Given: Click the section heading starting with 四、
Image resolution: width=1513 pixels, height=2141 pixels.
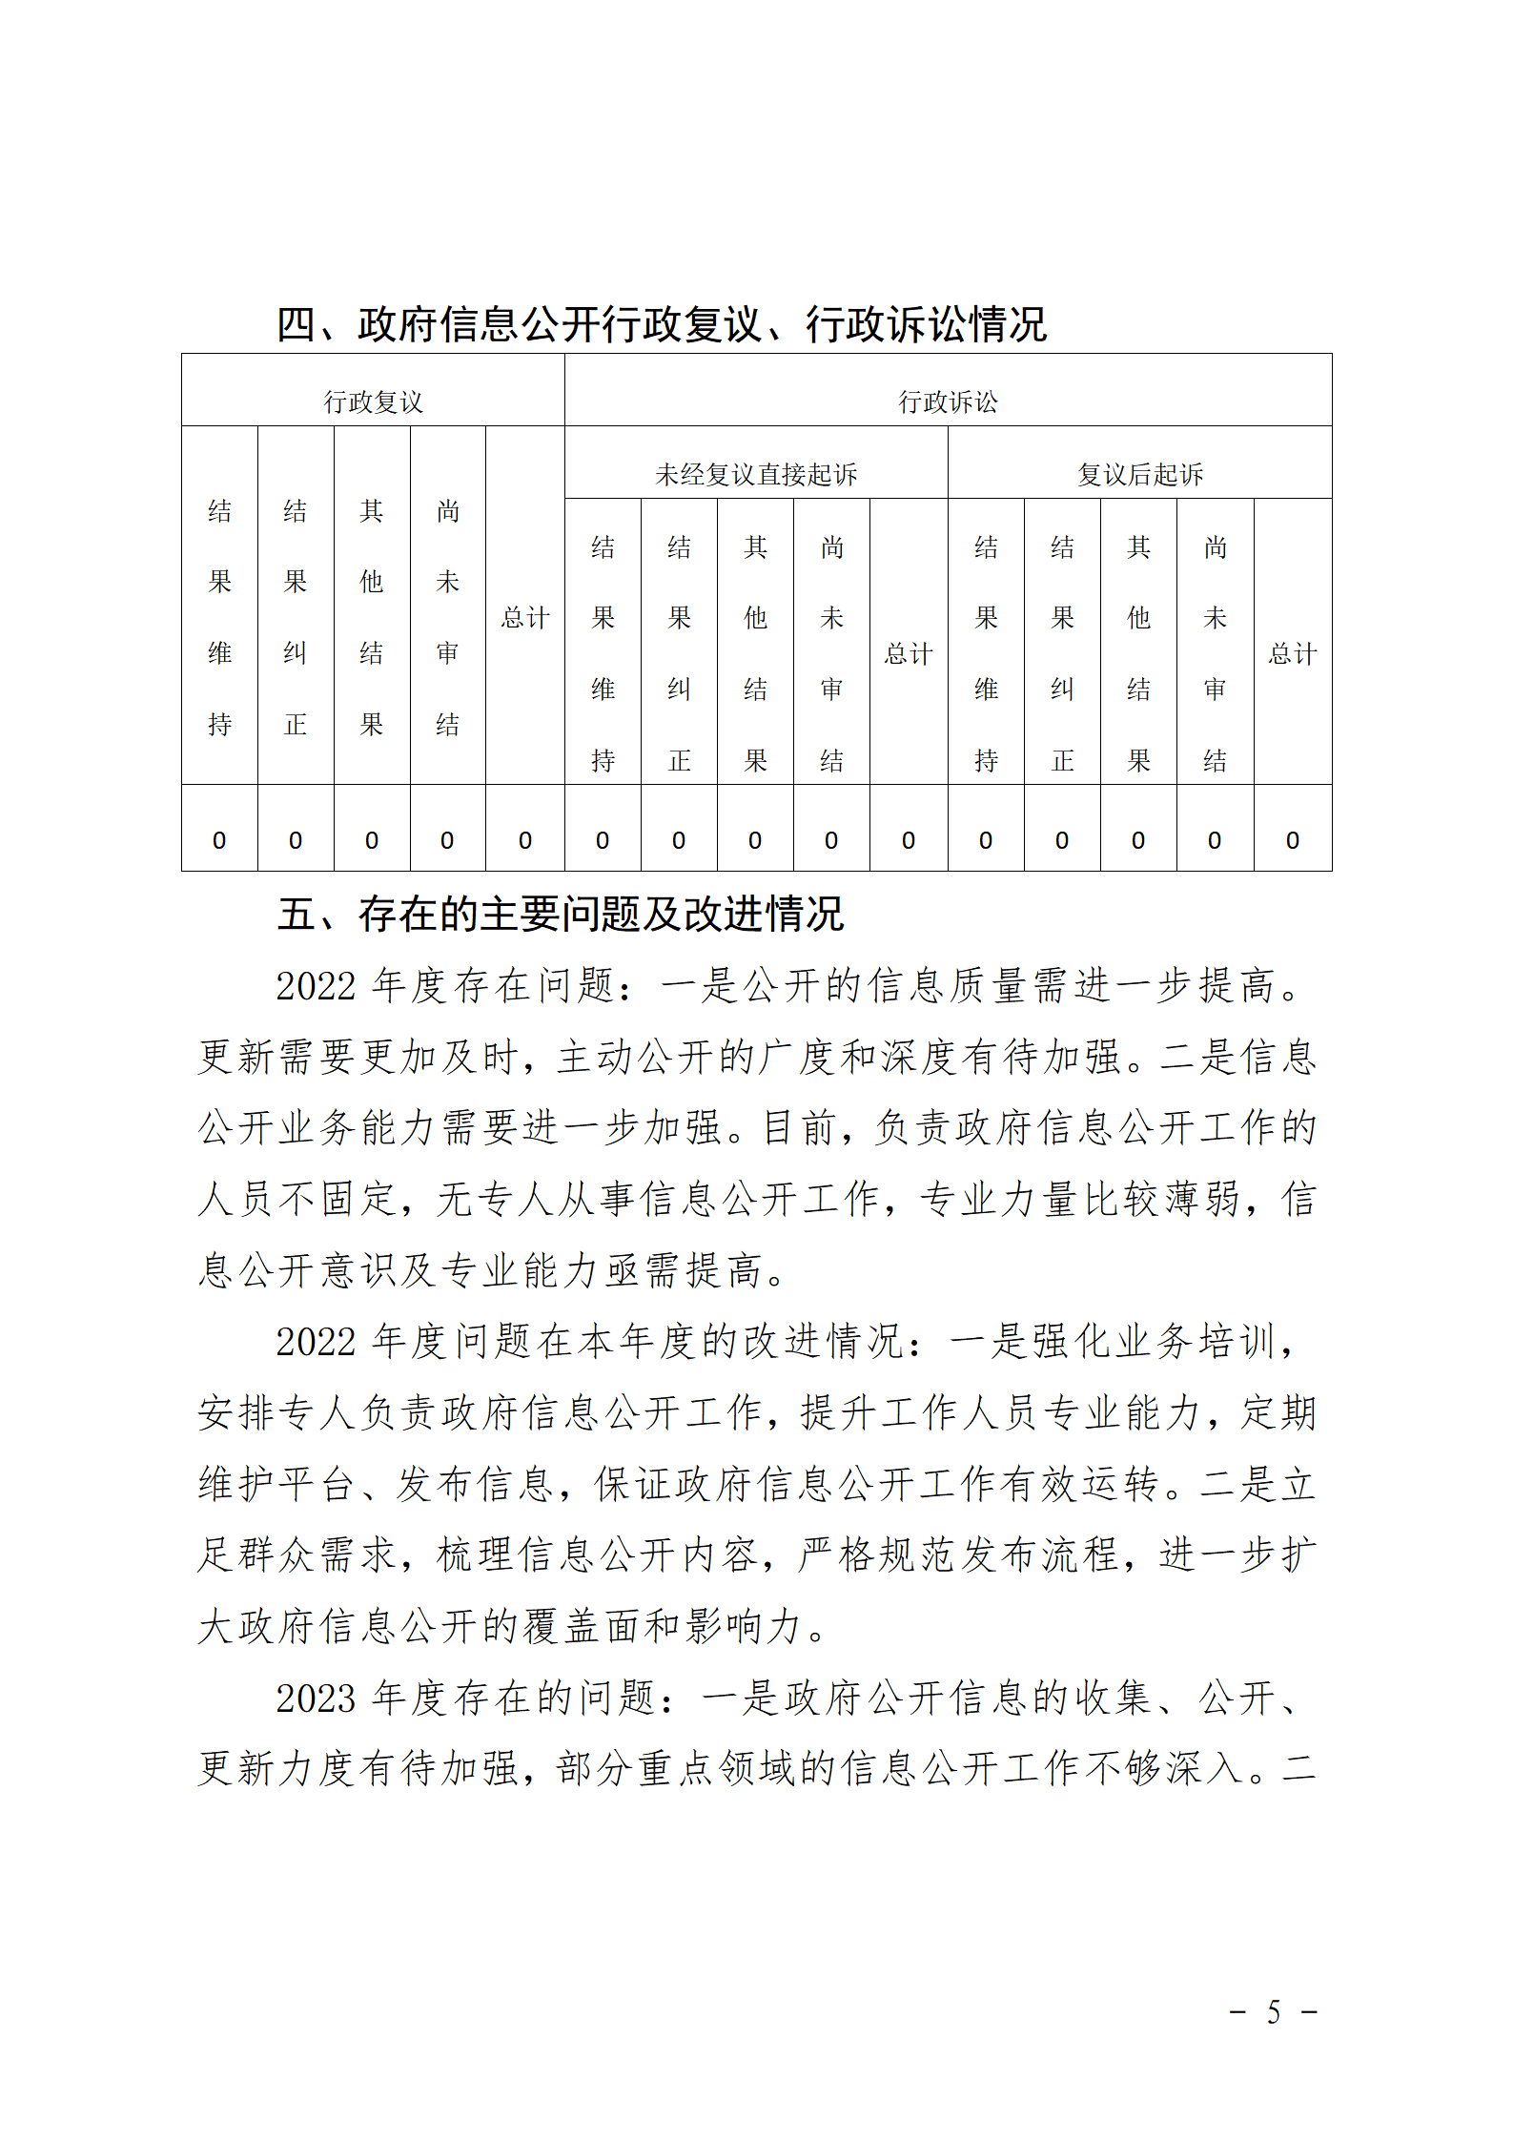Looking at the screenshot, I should [x=661, y=324].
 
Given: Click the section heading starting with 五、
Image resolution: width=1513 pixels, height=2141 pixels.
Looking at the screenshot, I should [x=560, y=914].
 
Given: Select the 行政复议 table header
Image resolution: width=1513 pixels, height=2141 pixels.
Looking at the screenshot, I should [x=373, y=401].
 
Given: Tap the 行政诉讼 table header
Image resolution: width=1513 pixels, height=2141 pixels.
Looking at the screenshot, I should [x=948, y=401].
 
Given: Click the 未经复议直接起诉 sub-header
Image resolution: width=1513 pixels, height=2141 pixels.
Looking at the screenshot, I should [x=756, y=474].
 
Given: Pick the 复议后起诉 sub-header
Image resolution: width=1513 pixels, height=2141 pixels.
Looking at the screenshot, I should [x=1140, y=474].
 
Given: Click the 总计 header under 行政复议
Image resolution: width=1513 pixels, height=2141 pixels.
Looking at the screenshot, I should [x=525, y=617].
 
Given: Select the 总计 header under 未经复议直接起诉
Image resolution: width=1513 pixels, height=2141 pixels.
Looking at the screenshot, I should [x=908, y=653].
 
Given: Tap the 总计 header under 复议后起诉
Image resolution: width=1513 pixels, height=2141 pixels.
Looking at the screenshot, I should [x=1292, y=653].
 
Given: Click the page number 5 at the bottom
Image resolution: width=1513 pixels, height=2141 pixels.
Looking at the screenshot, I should [x=1274, y=2011].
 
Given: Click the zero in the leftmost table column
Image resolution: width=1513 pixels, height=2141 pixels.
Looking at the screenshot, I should [x=219, y=840].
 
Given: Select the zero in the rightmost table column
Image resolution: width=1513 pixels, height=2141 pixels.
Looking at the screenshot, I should [x=1292, y=840].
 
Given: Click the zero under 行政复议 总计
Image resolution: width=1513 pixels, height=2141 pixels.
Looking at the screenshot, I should [x=525, y=840].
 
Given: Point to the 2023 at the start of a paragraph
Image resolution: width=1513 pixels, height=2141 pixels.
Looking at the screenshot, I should [x=315, y=1698].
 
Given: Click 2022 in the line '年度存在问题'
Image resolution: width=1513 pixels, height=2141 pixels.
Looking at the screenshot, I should [x=315, y=986].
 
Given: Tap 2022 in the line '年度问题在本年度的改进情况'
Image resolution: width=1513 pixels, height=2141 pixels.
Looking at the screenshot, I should [x=315, y=1342].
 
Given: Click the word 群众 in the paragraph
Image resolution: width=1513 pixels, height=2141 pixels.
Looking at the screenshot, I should [x=278, y=1554].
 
